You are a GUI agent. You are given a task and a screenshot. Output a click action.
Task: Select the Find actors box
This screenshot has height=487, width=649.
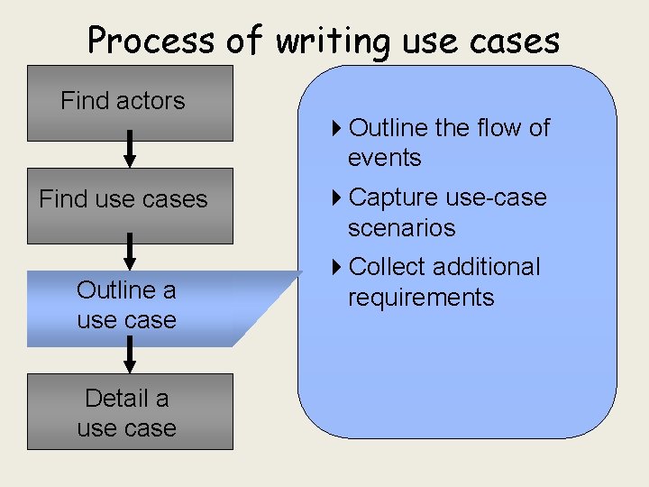130,103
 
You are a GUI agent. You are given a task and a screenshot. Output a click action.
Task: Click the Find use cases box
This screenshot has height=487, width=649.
130,206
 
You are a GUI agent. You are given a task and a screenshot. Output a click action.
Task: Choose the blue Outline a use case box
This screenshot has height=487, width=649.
126,306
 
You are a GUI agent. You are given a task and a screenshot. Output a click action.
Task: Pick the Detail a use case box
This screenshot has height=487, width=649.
130,411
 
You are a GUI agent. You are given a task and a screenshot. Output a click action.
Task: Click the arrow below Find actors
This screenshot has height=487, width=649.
130,149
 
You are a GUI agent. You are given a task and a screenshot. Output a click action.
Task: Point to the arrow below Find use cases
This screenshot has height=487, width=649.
130,252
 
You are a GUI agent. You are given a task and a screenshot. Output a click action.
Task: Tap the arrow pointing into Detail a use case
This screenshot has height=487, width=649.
130,355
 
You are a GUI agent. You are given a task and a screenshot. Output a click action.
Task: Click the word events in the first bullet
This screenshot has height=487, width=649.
384,158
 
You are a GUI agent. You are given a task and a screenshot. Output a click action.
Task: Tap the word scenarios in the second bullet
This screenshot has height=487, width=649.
401,227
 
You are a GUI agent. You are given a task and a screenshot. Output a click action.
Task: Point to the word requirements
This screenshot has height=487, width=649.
421,298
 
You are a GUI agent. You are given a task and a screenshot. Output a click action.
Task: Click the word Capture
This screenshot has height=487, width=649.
390,198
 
